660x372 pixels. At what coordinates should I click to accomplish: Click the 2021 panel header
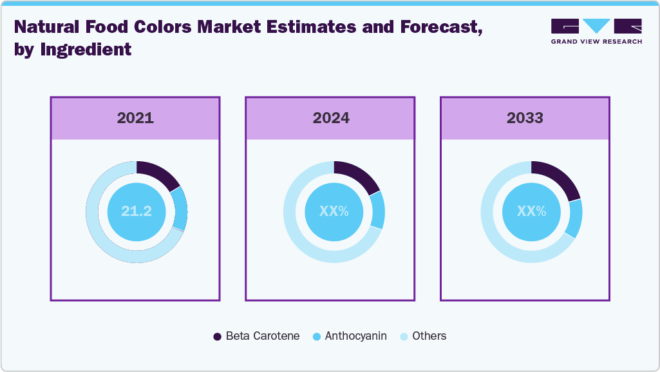(135, 118)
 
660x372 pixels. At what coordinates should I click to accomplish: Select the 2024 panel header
(331, 118)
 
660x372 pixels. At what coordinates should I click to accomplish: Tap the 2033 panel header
(525, 118)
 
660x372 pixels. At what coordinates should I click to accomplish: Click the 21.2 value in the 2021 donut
(137, 211)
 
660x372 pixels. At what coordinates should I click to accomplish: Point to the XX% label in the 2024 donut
(334, 211)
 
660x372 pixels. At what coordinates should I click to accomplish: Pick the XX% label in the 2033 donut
(532, 211)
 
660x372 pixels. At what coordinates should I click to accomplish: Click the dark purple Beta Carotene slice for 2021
(159, 173)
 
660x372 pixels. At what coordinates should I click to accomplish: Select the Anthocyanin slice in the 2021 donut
(181, 209)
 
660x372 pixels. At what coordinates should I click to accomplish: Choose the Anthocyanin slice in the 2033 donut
(575, 218)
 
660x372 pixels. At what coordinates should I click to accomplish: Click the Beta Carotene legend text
(262, 336)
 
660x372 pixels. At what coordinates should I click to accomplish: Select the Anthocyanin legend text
(355, 336)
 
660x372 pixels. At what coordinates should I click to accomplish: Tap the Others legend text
(429, 336)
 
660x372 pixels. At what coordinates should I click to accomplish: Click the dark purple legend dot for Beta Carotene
(217, 337)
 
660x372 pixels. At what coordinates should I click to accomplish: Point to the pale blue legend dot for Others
(404, 337)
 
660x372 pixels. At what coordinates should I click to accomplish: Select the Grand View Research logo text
(596, 41)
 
